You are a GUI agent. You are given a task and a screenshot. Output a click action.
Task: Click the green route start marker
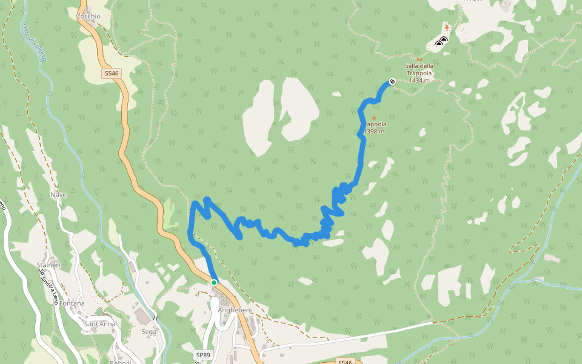(x=214, y=283)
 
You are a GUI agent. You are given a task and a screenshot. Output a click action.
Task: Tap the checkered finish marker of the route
(x=392, y=82)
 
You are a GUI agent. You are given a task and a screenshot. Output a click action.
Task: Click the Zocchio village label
(x=89, y=16)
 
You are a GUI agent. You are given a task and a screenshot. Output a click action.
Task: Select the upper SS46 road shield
(x=112, y=73)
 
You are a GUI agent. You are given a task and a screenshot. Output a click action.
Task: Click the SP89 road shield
(x=203, y=354)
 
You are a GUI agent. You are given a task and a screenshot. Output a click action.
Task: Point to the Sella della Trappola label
(x=420, y=69)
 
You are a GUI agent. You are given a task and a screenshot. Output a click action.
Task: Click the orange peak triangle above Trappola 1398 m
(x=373, y=118)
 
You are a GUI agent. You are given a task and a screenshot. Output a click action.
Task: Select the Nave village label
(x=59, y=195)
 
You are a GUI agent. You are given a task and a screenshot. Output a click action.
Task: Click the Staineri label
(x=48, y=265)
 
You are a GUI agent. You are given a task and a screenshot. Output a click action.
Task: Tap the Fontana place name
(x=72, y=303)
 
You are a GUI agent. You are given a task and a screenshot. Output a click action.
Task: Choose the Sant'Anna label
(x=99, y=324)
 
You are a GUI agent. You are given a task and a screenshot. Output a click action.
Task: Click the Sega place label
(x=149, y=332)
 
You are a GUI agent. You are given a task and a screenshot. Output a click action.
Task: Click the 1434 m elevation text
(x=420, y=80)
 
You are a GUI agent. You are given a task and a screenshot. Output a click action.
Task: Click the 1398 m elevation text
(x=375, y=131)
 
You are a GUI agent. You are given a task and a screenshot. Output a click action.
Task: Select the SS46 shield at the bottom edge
(x=344, y=362)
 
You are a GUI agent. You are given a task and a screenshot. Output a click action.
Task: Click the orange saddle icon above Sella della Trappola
(x=418, y=59)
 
